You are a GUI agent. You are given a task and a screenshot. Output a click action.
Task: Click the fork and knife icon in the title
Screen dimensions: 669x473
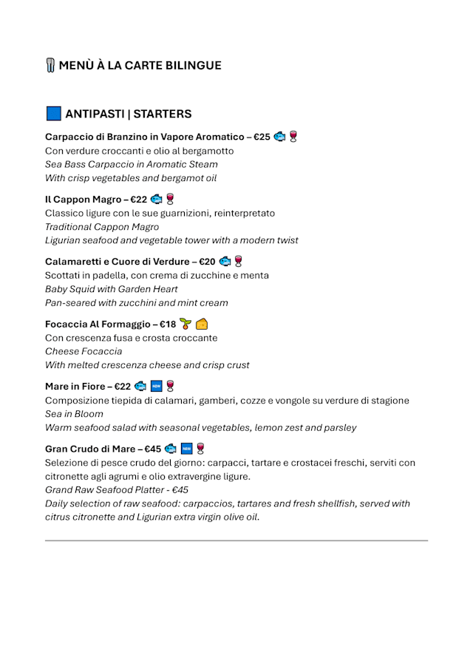[50, 65]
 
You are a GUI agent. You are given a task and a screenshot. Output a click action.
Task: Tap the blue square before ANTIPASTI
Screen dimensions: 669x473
[53, 114]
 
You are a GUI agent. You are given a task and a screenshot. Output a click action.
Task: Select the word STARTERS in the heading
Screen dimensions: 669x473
[162, 114]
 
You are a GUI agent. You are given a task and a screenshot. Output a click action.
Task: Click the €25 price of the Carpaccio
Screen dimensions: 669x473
[262, 137]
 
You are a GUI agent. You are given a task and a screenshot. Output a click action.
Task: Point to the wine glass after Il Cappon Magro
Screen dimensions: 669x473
[170, 199]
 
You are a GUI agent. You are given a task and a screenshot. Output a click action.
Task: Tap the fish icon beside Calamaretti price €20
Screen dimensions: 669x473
[225, 261]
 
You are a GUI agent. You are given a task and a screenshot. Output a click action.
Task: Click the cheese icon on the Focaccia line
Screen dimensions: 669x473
[202, 324]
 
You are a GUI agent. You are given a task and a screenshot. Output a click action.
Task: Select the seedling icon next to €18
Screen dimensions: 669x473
[185, 324]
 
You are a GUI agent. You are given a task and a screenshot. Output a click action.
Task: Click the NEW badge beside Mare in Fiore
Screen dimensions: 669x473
[155, 386]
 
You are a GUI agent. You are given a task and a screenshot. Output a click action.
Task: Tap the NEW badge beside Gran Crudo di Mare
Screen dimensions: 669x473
[186, 449]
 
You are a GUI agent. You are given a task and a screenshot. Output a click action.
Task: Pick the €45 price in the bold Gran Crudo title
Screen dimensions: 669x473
[152, 449]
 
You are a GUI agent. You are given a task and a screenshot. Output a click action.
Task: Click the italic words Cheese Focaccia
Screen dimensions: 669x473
[84, 351]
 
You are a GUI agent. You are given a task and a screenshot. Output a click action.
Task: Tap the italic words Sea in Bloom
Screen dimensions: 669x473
[74, 414]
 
